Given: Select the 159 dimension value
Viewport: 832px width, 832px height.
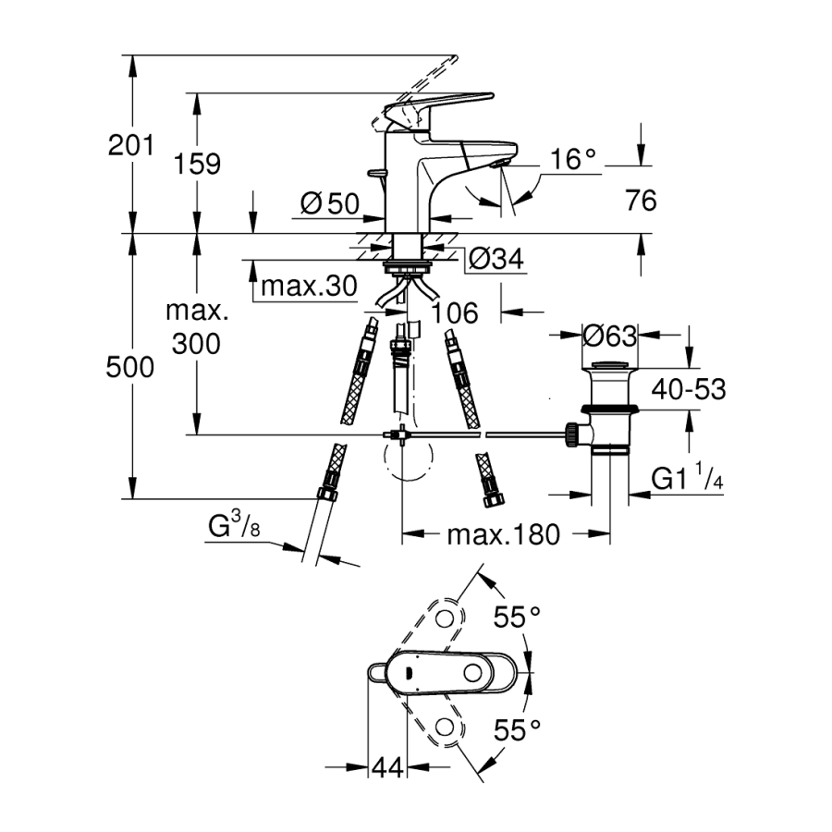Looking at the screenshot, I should pos(198,164).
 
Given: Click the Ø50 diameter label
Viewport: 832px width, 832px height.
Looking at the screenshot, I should pos(330,203).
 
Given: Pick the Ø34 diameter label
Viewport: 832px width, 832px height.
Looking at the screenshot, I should pos(496,259).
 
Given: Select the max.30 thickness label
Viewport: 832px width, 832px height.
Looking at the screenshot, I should pos(308,287).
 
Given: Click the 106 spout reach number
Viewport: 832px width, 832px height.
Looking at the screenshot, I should pos(453,313).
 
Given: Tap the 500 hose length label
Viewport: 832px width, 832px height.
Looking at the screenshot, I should pos(130,368).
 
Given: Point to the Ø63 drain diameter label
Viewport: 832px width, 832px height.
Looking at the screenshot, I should pos(609,334).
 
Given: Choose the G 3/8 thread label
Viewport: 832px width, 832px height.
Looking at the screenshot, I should pos(231,529).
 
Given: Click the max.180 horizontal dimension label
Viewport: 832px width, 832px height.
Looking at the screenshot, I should pos(504,534).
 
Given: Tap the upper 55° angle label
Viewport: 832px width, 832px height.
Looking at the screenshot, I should pos(516,617).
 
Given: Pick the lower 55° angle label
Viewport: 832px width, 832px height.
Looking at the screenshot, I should pos(516,731).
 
